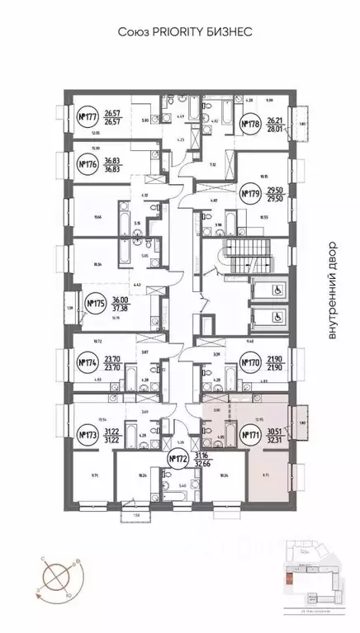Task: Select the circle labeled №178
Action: [250, 125]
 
